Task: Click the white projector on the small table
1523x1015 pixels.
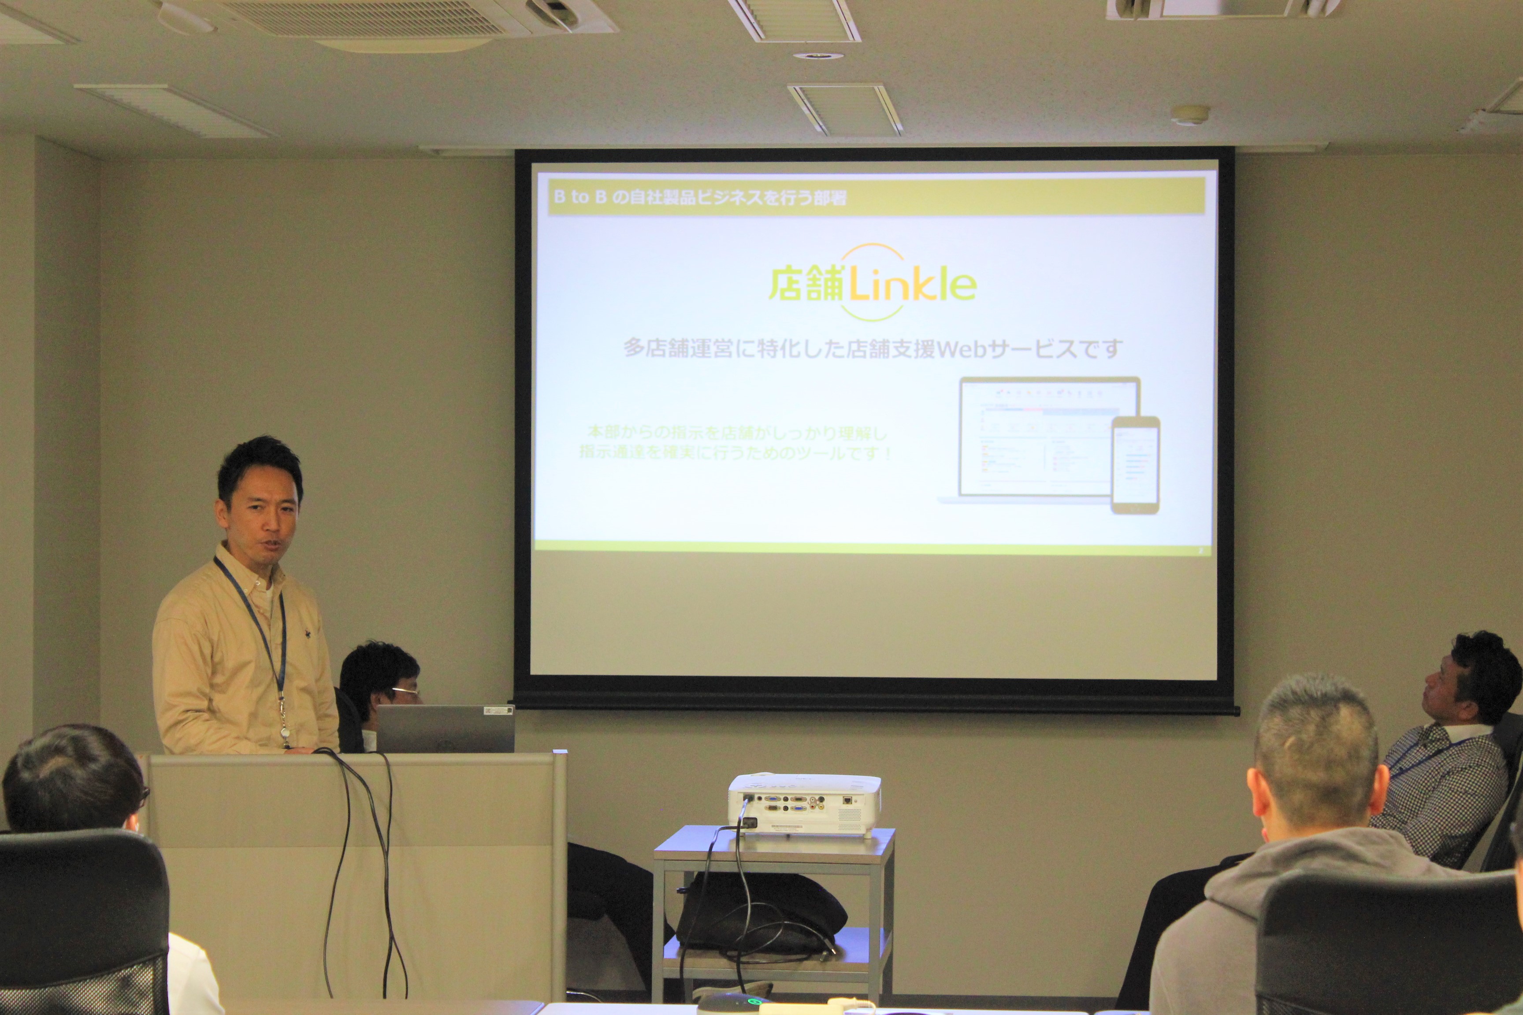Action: (x=804, y=804)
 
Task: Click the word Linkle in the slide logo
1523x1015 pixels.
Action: (x=913, y=285)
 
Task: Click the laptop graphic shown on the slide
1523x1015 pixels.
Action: (x=1036, y=440)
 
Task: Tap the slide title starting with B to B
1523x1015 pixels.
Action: (x=699, y=197)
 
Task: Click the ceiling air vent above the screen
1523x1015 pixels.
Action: (x=845, y=110)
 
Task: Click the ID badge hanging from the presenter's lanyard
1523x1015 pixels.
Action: (x=286, y=735)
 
